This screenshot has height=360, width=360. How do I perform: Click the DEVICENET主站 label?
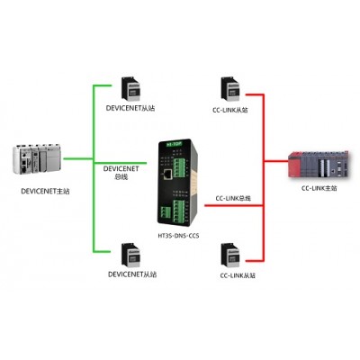pos(45,191)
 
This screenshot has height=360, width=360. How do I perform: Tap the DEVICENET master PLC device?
pos(37,159)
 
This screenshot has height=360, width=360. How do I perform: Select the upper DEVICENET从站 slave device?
pos(130,89)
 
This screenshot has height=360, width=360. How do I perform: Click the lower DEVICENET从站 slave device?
pos(130,255)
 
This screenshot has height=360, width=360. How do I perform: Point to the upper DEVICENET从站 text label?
pos(130,108)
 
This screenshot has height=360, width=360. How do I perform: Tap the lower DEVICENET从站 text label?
pos(132,274)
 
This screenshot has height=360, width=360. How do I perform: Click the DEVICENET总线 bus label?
pos(121,173)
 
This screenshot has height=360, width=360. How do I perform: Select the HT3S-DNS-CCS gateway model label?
pos(178,236)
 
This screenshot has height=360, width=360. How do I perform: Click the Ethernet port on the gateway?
pos(167,174)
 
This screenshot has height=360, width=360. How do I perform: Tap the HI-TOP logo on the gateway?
pos(175,144)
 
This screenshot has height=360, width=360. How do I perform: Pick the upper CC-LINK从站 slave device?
pos(230,89)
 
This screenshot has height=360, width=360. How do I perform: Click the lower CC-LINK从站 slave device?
pos(230,255)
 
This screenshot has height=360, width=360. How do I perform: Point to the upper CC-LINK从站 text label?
pos(230,110)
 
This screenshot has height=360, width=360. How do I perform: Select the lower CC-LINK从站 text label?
pos(238,275)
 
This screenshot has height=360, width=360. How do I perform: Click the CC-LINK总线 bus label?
pos(233,198)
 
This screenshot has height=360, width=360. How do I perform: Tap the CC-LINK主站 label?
pos(319,188)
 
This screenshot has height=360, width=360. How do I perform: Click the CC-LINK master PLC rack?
pos(319,165)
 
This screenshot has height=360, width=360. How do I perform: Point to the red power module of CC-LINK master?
pos(294,166)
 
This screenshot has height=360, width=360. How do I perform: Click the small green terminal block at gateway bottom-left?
pos(166,212)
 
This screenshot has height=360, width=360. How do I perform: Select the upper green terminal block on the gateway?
pos(179,167)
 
